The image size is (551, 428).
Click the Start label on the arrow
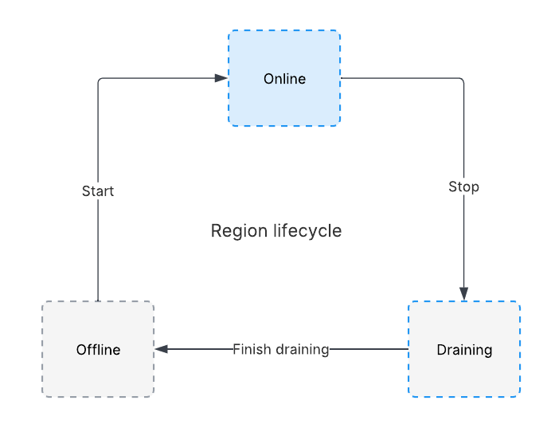pyautogui.click(x=98, y=191)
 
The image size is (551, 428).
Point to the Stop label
pyautogui.click(x=463, y=187)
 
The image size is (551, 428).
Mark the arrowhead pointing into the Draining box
pyautogui.click(x=463, y=294)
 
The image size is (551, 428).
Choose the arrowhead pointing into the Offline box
pyautogui.click(x=162, y=349)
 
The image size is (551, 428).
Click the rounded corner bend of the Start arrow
pyautogui.click(x=100, y=80)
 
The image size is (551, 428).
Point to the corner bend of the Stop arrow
pyautogui.click(x=461, y=80)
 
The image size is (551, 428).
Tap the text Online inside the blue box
pyautogui.click(x=284, y=79)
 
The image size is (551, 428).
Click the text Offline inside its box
pyautogui.click(x=98, y=350)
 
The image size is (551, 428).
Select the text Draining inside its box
pyautogui.click(x=464, y=350)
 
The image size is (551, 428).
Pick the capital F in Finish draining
pyautogui.click(x=236, y=349)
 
